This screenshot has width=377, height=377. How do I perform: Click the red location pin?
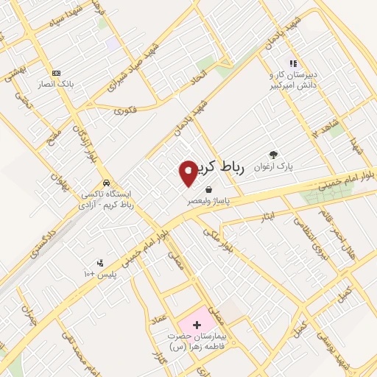click(x=188, y=172)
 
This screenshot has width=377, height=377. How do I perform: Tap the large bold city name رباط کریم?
click(x=225, y=167)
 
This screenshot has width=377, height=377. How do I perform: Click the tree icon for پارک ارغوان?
click(x=274, y=155)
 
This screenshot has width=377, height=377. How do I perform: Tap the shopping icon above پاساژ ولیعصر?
click(x=209, y=189)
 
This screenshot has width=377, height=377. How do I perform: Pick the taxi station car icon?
click(x=108, y=183)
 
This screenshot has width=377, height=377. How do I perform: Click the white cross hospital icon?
click(x=196, y=324)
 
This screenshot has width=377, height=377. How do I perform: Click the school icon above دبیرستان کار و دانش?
click(x=292, y=64)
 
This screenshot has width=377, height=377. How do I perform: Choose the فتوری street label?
click(x=125, y=110)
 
